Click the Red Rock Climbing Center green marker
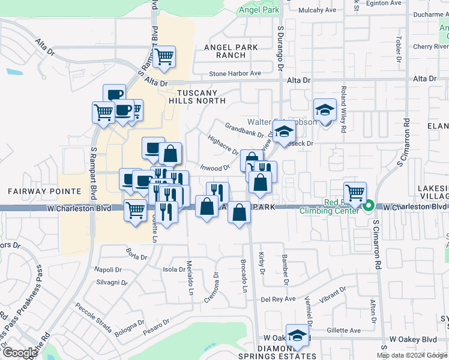(x=369, y=206)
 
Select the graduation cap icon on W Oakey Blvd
(x=297, y=335)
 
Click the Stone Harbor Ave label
(x=235, y=74)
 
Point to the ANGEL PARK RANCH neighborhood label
(x=231, y=51)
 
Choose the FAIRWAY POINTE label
(x=44, y=191)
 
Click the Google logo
(x=19, y=352)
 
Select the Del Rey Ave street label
(x=278, y=299)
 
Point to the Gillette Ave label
(x=343, y=331)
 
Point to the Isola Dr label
(x=174, y=270)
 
